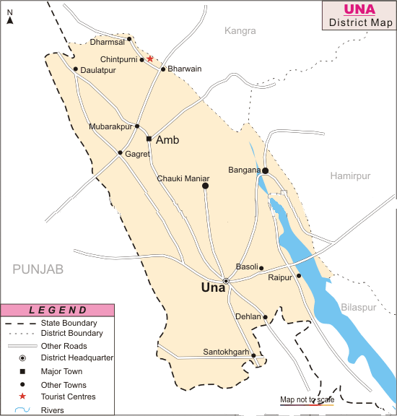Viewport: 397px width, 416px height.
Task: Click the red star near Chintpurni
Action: tap(150, 58)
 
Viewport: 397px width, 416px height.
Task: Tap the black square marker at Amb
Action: tap(149, 139)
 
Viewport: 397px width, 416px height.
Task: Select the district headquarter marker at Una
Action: tap(226, 281)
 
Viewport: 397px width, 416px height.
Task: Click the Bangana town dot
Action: tap(265, 171)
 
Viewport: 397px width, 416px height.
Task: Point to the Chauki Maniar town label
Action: tap(183, 178)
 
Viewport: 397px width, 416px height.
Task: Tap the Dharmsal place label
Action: tap(107, 42)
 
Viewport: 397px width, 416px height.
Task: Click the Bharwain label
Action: tap(184, 69)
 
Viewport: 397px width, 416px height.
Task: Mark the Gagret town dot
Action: tap(121, 152)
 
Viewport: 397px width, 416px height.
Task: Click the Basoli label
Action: tap(245, 266)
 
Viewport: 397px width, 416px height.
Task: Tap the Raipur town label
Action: tap(279, 277)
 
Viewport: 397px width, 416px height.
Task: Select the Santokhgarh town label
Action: tap(226, 352)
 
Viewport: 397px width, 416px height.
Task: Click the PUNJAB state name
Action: tap(38, 269)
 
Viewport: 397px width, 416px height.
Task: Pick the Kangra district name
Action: tap(240, 30)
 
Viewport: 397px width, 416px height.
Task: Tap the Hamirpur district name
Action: tap(350, 175)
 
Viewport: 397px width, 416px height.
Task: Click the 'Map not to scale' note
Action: tap(306, 399)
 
